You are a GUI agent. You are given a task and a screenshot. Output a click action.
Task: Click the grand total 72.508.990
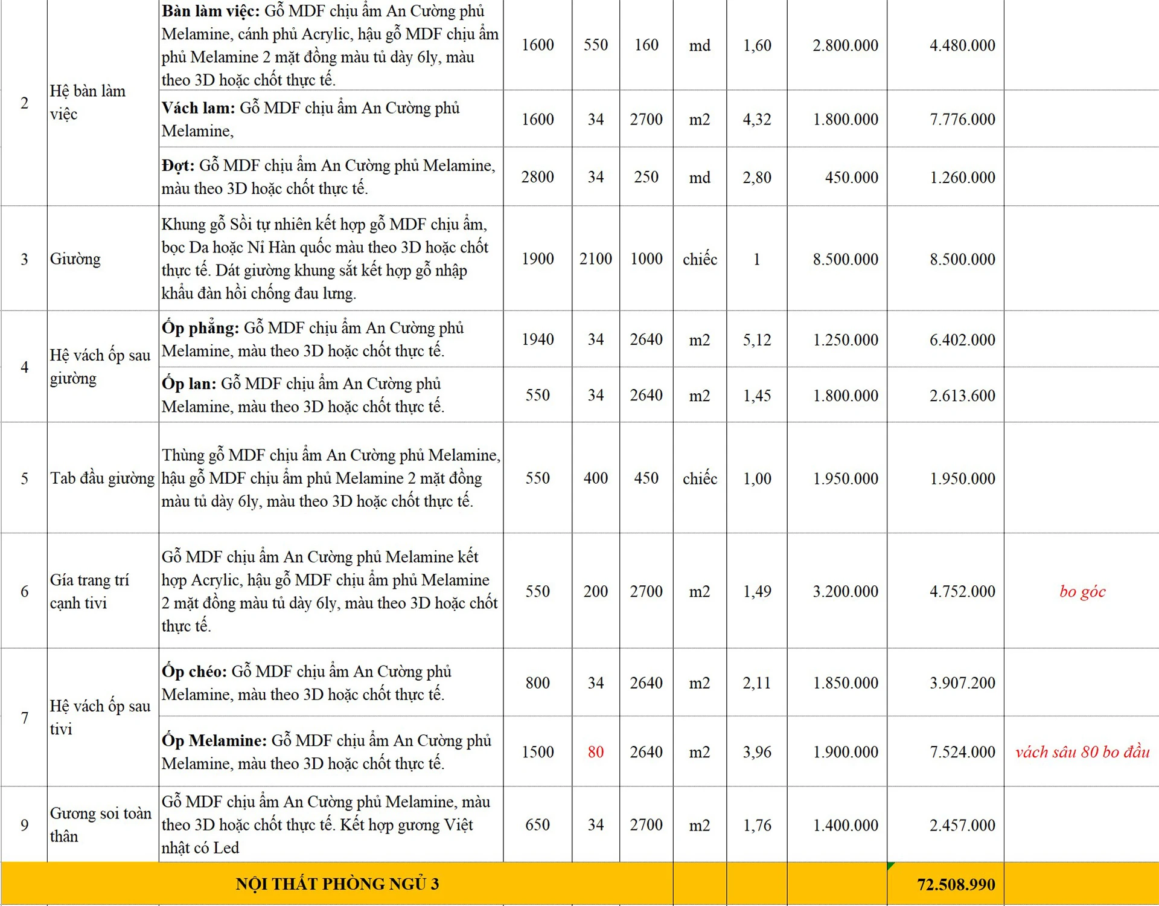[x=956, y=884]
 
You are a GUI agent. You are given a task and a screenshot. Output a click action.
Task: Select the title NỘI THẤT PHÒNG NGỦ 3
[x=337, y=884]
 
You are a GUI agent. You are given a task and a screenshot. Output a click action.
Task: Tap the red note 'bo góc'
[x=1082, y=591]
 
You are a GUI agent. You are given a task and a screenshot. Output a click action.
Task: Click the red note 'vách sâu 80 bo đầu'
[x=1082, y=752]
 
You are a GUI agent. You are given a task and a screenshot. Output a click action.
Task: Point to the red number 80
[x=595, y=752]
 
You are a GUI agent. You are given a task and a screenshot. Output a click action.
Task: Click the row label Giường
[x=75, y=259]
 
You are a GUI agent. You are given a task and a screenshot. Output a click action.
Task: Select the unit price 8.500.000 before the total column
[x=845, y=259]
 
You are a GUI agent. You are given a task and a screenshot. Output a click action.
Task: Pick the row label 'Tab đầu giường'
[x=102, y=478]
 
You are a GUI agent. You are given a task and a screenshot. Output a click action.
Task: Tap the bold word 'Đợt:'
[x=178, y=165]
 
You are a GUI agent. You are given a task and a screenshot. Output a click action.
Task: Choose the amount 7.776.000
[x=962, y=120]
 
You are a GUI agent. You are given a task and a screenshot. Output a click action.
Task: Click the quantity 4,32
[x=757, y=120]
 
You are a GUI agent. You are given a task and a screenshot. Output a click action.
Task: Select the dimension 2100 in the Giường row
[x=595, y=259]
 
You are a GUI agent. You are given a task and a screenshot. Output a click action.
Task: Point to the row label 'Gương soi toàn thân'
[x=100, y=824]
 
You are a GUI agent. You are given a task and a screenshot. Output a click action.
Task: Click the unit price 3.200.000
[x=845, y=591]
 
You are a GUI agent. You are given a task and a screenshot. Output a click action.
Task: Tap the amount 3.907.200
[x=962, y=683]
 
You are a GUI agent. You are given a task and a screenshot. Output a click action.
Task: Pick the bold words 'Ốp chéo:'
[x=194, y=672]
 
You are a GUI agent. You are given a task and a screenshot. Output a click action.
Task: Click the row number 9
[x=24, y=825]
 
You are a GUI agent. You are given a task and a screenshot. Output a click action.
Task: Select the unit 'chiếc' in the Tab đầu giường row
[x=700, y=479]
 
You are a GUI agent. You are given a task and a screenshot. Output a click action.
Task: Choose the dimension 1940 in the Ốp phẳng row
[x=537, y=339]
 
